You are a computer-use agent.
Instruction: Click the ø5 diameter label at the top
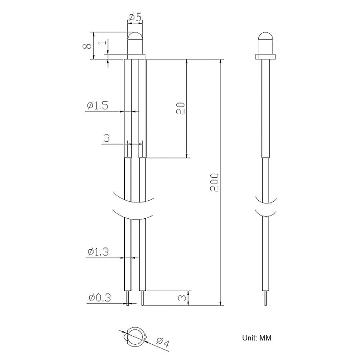tap(135, 18)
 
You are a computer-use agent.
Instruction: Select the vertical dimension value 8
tap(87, 46)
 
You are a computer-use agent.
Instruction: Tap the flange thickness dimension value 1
tap(103, 42)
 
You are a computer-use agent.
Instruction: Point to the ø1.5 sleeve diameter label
tap(97, 106)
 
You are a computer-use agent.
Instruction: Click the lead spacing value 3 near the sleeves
tap(107, 138)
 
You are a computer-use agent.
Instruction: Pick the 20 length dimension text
tap(180, 108)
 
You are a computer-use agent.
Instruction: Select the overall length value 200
tap(215, 182)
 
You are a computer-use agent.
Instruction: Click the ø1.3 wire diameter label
tap(98, 252)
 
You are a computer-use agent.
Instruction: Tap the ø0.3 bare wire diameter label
tap(99, 297)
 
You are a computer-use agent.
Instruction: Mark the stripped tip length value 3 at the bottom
tap(182, 298)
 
